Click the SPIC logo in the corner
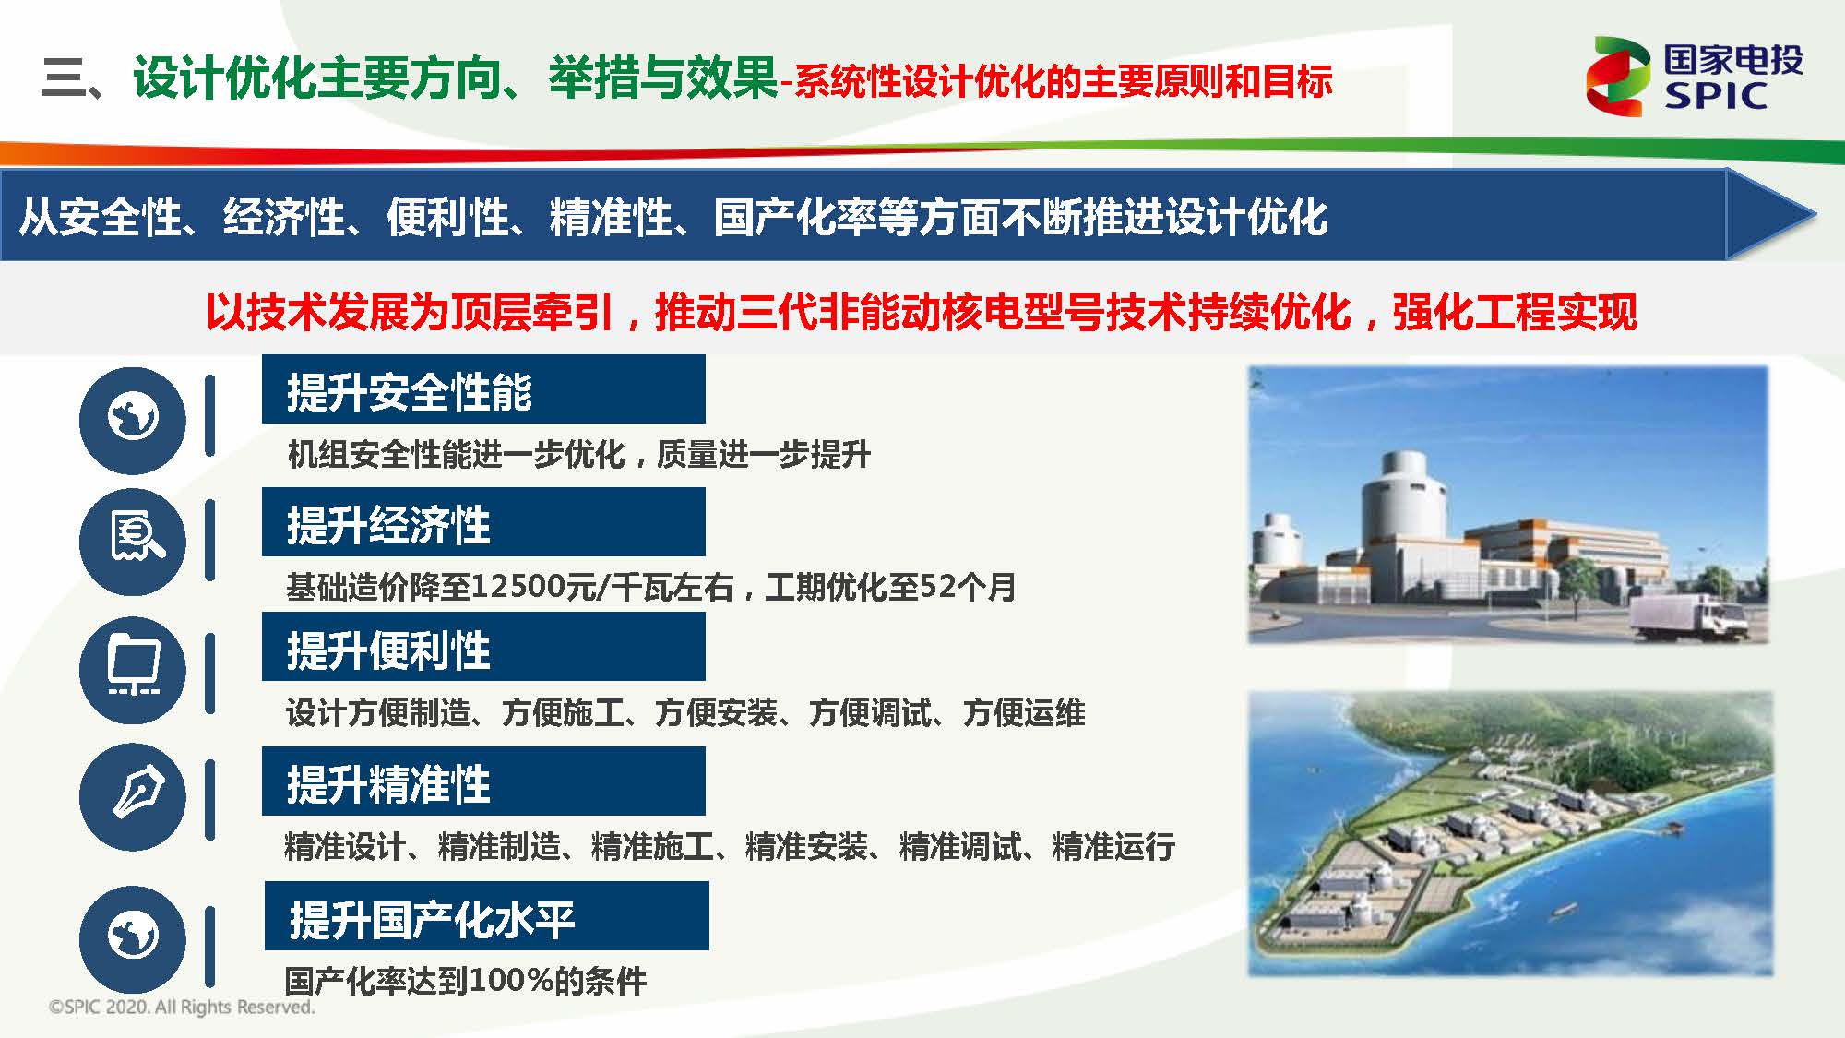click(x=1694, y=77)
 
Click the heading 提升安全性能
click(x=409, y=392)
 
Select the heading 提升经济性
click(x=388, y=525)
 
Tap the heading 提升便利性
click(x=388, y=650)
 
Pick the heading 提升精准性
click(x=388, y=784)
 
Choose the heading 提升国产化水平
click(x=432, y=919)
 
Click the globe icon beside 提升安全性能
click(x=133, y=420)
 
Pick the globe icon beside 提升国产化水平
click(x=133, y=937)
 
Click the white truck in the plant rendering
click(x=1689, y=616)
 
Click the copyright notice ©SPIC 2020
click(x=182, y=1008)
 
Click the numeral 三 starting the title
click(x=63, y=78)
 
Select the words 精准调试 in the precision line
click(x=959, y=845)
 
